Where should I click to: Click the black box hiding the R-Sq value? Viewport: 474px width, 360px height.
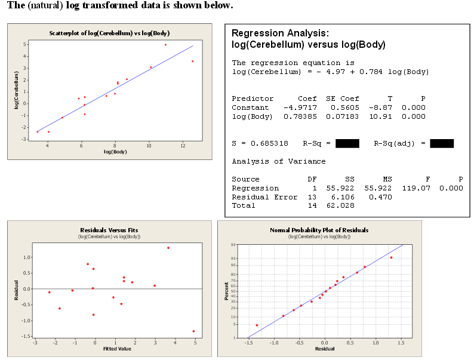click(347, 143)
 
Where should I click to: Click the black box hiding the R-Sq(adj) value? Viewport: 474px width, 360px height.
click(442, 143)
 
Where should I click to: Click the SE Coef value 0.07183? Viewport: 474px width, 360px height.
click(343, 116)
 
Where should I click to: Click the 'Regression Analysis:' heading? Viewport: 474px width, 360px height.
click(279, 33)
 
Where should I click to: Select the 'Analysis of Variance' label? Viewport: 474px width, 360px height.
click(279, 161)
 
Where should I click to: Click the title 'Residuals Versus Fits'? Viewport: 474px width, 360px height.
click(109, 230)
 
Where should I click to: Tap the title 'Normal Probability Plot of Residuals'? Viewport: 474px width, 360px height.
click(319, 230)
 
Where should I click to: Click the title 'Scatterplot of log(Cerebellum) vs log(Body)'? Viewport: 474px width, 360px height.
click(109, 32)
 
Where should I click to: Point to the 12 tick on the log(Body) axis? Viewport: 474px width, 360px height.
click(183, 145)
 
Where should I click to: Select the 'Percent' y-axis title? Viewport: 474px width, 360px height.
click(227, 291)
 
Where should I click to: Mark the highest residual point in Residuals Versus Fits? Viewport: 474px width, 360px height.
click(168, 248)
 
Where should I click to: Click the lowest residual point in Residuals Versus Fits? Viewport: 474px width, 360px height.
click(193, 331)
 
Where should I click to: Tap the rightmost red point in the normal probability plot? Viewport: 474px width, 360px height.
click(392, 257)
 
